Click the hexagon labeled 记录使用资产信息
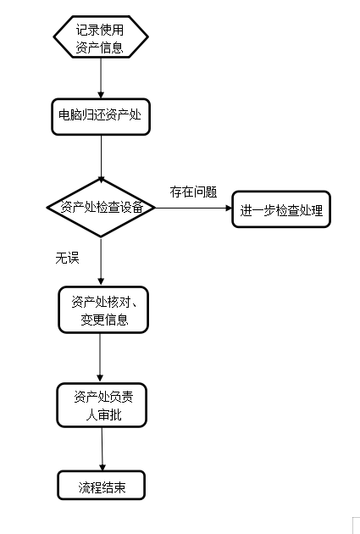101,36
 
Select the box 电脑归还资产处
101,117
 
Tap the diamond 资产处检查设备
101,208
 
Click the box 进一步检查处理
281,209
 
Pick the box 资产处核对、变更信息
103,309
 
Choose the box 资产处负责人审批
102,405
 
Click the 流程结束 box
102,486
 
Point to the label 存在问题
193,192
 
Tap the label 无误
68,259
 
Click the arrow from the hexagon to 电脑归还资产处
101,78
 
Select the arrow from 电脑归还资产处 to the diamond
101,157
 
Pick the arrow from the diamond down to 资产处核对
101,262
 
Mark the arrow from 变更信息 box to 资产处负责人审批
100,358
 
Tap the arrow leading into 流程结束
102,449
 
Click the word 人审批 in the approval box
103,414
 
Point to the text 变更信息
104,320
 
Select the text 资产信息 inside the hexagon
99,47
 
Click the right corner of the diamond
155,208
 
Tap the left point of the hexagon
53,36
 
